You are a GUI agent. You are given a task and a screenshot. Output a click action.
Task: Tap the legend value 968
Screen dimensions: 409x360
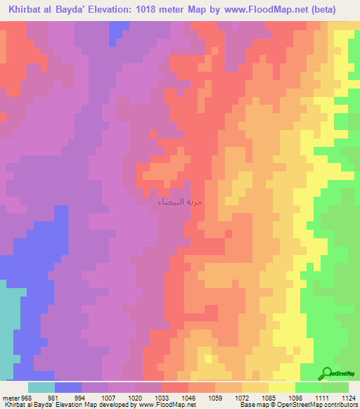(27, 397)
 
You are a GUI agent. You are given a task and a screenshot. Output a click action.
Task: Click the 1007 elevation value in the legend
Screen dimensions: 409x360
(108, 397)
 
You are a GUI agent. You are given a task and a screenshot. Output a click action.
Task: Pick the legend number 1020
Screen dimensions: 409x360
(135, 397)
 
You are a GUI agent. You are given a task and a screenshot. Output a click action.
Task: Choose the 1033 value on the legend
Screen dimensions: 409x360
(162, 397)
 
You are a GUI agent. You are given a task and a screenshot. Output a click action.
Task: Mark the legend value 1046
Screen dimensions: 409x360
(188, 397)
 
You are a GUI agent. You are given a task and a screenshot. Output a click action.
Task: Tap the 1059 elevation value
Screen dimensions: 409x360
(215, 397)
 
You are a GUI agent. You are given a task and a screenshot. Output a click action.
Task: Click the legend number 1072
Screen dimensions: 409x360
(242, 397)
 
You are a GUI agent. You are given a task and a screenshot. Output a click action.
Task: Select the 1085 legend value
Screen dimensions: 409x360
(269, 397)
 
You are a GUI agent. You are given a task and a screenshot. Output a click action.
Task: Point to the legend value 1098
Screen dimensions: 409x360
(295, 397)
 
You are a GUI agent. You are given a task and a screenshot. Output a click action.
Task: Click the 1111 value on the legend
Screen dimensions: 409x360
(322, 397)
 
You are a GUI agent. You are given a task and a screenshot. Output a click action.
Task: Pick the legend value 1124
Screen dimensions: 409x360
(348, 397)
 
